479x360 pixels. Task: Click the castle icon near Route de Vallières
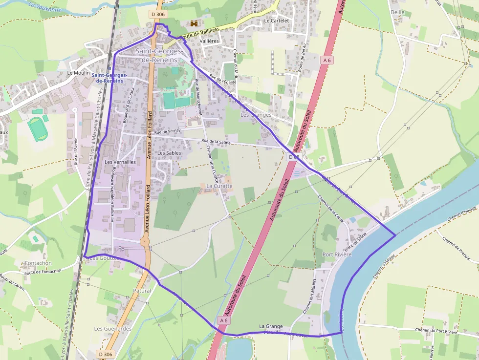point(194,23)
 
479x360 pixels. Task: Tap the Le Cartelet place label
point(277,21)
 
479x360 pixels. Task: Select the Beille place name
point(398,11)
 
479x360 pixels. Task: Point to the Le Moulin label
point(78,73)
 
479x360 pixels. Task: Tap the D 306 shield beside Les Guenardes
point(105,354)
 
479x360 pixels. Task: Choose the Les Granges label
point(256,115)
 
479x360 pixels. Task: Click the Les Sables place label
point(169,153)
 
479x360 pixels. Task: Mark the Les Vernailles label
point(120,162)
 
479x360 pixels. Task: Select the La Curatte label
point(219,186)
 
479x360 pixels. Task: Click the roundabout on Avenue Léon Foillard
point(144,241)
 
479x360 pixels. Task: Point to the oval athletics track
point(37,128)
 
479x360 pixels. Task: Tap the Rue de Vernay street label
point(168,131)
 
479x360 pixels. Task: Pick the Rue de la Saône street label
point(216,142)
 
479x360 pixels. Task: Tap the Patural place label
point(142,291)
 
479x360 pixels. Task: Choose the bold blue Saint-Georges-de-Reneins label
point(109,78)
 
